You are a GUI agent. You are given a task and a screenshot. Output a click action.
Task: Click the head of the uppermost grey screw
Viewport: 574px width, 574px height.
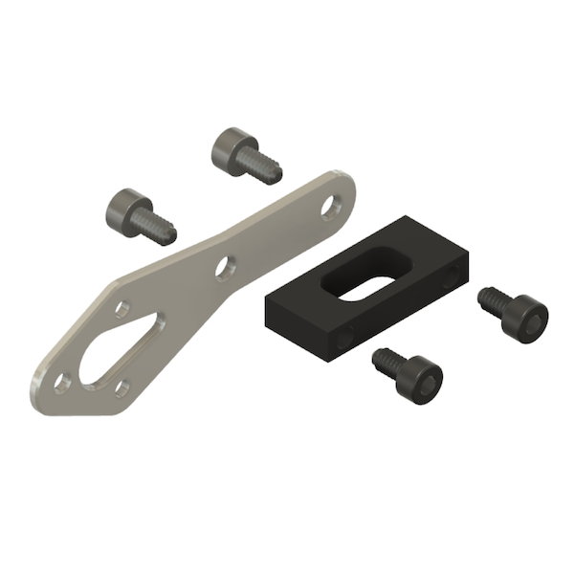pyautogui.click(x=230, y=147)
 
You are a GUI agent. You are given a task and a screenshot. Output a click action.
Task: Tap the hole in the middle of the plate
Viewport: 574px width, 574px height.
pyautogui.click(x=224, y=268)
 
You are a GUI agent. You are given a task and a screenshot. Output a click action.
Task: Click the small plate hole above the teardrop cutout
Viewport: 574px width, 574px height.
pyautogui.click(x=121, y=308)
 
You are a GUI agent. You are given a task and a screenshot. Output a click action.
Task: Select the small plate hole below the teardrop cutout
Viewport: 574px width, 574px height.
pyautogui.click(x=121, y=387)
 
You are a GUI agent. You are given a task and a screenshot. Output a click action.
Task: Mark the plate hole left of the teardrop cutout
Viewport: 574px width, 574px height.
pyautogui.click(x=61, y=383)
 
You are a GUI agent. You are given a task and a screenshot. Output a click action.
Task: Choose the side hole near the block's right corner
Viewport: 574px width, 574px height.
pyautogui.click(x=452, y=277)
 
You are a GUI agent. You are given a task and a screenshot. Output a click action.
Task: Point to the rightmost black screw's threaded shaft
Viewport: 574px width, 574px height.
pyautogui.click(x=493, y=298)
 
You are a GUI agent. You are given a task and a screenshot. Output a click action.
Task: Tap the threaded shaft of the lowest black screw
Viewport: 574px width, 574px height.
pyautogui.click(x=388, y=362)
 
